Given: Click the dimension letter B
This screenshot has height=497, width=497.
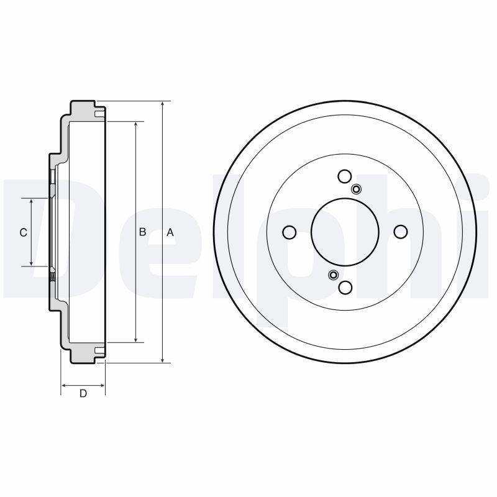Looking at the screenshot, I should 142,232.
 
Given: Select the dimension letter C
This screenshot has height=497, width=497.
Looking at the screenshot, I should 23,232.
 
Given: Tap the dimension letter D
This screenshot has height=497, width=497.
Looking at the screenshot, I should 83,393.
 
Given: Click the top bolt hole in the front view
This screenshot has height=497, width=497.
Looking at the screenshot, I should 345,176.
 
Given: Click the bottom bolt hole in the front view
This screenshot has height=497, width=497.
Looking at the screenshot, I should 345,287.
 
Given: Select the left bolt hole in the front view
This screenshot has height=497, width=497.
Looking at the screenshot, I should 289,232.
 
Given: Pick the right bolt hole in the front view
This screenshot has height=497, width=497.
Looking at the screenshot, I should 401,232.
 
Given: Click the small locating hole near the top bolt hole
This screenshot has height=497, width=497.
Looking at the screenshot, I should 357,189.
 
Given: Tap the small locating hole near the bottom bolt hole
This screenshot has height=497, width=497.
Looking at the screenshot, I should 333,275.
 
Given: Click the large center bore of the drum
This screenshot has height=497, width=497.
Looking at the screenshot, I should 345,232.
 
